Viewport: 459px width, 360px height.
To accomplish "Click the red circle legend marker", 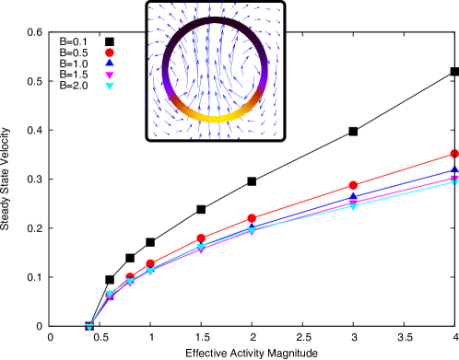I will (110, 52).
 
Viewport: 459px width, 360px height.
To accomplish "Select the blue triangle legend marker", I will (110, 64).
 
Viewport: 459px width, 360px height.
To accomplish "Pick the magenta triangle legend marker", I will (110, 75).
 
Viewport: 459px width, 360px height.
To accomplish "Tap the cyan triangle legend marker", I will (110, 87).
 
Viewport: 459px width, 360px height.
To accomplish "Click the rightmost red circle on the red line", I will (454, 154).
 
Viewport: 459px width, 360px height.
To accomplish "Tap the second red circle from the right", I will (353, 185).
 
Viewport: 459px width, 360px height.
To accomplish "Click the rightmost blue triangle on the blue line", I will (454, 168).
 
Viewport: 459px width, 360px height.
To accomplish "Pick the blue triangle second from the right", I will (353, 196).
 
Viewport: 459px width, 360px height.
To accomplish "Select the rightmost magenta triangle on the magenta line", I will (454, 179).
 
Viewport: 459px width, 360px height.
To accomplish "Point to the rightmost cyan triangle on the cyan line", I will (454, 182).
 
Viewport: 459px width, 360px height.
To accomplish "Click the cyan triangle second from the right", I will (353, 206).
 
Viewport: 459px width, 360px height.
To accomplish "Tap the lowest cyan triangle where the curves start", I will (89, 327).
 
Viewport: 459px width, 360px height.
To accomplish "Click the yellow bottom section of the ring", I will (215, 118).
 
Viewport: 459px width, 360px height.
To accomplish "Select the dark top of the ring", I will (215, 20).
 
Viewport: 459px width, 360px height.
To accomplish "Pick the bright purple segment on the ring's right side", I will (262, 87).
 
